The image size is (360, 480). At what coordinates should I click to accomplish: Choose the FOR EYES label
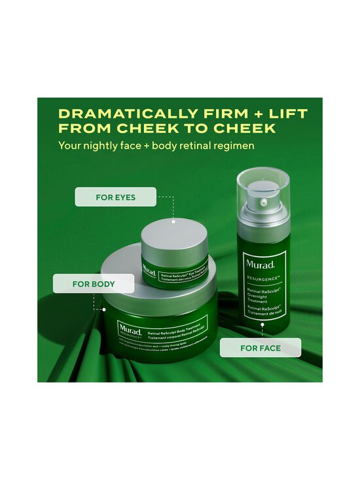click(115, 197)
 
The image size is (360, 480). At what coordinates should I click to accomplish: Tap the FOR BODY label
click(94, 284)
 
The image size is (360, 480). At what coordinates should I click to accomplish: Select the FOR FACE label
click(260, 348)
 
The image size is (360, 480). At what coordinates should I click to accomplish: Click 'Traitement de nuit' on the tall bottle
click(264, 313)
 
